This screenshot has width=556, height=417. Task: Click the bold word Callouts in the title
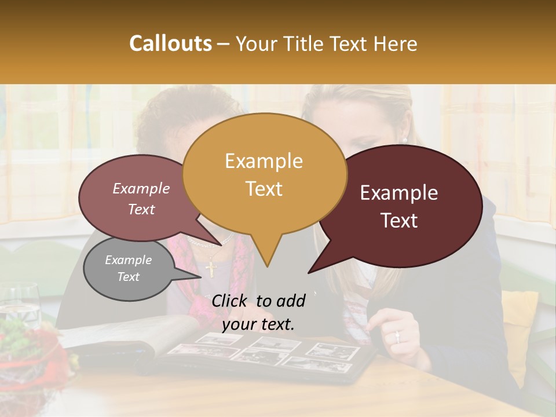click(x=170, y=43)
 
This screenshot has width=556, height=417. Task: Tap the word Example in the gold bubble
click(x=264, y=161)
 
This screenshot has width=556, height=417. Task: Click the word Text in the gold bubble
click(x=264, y=189)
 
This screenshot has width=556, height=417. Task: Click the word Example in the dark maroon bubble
click(x=399, y=193)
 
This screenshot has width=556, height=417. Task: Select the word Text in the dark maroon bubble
click(x=400, y=221)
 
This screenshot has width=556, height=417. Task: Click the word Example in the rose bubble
click(x=141, y=188)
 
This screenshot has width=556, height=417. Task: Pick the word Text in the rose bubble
click(x=141, y=209)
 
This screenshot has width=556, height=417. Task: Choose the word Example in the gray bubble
click(x=128, y=260)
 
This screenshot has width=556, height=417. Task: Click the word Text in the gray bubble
click(x=128, y=277)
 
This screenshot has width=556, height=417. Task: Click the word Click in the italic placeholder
click(x=231, y=301)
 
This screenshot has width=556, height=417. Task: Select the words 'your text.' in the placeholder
click(x=258, y=324)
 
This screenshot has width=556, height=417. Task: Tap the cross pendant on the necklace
click(x=210, y=267)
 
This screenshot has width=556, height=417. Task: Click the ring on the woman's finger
click(x=397, y=336)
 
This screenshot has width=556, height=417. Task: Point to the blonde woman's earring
click(x=404, y=140)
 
